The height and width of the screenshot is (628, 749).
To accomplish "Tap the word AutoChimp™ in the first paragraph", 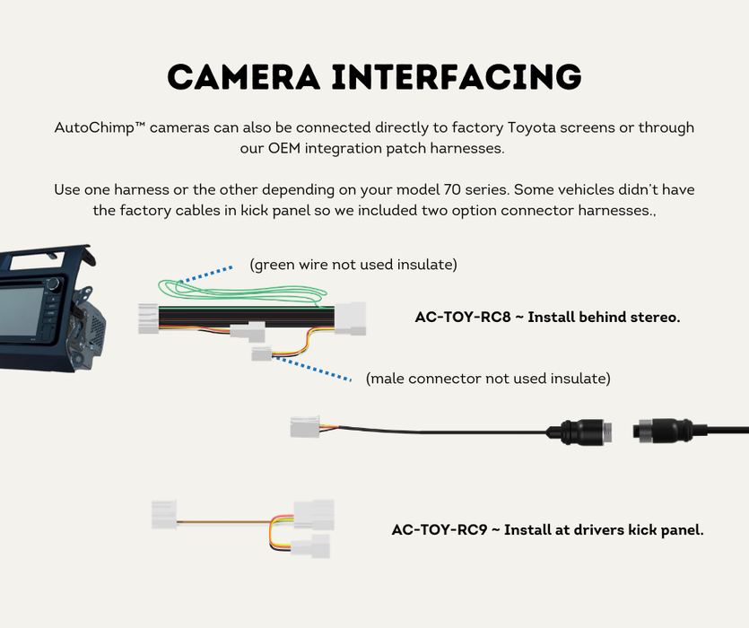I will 100,128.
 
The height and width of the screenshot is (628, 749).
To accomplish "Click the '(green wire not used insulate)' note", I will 353,265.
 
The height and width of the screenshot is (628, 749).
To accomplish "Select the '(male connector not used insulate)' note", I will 488,379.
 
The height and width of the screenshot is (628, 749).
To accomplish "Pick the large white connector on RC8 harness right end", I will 351,316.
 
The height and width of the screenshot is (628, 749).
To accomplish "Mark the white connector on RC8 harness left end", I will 149,318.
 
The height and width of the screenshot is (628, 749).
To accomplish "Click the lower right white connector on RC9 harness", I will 314,545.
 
